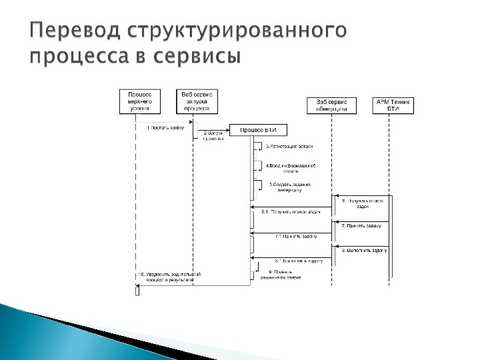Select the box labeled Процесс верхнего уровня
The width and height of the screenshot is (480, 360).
point(140,101)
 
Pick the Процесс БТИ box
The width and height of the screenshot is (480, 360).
point(251,129)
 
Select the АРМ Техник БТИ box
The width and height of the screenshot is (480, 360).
point(391,105)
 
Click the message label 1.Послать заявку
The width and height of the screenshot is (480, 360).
point(165,127)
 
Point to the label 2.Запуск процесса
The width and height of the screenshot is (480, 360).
point(215,136)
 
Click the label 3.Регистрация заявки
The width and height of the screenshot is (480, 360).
point(289,146)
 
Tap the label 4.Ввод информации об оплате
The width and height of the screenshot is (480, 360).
point(291,167)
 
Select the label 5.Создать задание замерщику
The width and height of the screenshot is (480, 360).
point(290,187)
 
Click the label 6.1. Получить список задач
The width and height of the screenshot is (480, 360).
point(291,212)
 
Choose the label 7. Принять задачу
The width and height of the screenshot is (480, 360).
point(361,225)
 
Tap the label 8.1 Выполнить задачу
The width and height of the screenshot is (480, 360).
point(298,260)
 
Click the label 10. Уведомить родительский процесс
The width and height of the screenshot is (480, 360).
point(169,277)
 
